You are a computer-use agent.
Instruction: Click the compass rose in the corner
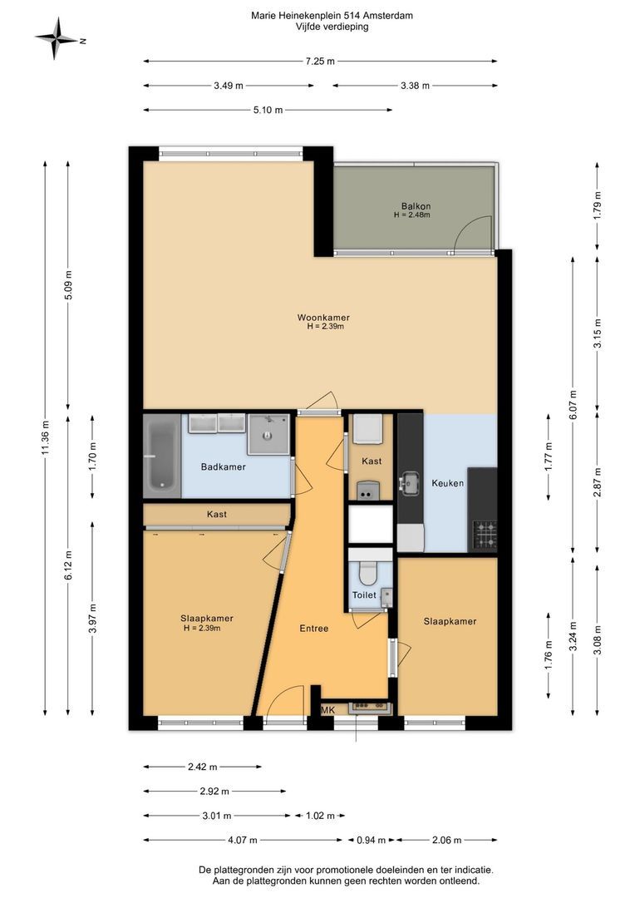coord(56,38)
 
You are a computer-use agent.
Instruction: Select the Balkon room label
coord(416,206)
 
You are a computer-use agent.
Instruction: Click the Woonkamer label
coord(323,318)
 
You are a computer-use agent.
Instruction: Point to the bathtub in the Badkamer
coord(162,456)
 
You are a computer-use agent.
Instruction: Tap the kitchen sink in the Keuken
coord(410,483)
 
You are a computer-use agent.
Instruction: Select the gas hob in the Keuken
coord(485,535)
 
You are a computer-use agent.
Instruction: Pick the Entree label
coord(314,629)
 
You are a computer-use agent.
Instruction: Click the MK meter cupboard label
coord(328,710)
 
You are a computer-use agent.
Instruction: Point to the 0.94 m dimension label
coord(371,840)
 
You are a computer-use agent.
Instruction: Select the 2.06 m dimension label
coord(446,840)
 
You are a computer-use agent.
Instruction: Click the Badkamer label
coord(224,466)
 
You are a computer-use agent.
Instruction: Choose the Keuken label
coord(448,483)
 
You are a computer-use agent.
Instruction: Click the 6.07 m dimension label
coord(573,405)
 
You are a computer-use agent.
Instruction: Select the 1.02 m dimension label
coord(316,816)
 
